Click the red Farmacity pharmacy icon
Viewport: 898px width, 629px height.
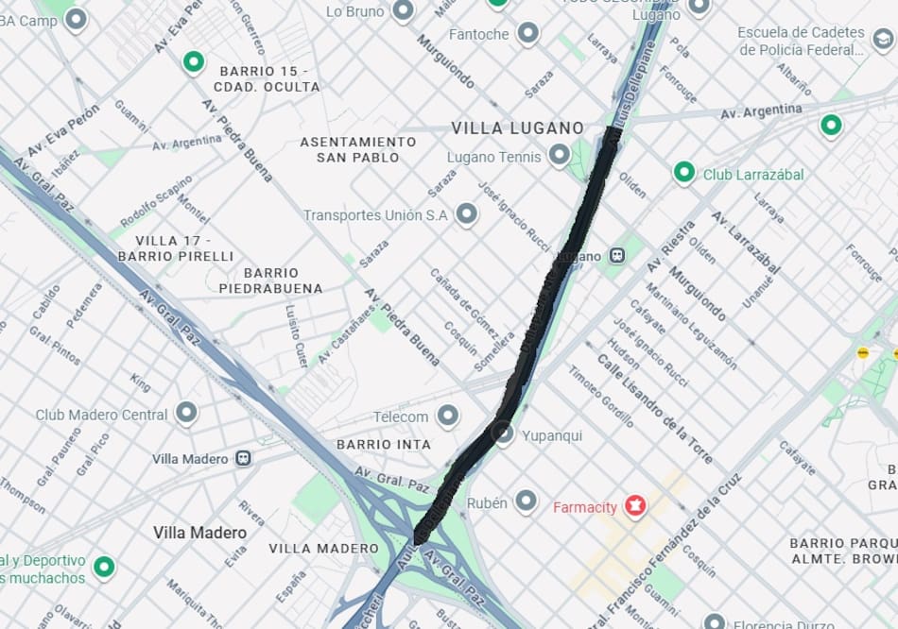pyautogui.click(x=635, y=507)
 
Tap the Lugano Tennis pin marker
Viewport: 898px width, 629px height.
pyautogui.click(x=560, y=156)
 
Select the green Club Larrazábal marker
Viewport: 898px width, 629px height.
pyautogui.click(x=684, y=173)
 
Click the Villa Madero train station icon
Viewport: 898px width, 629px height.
pyautogui.click(x=244, y=458)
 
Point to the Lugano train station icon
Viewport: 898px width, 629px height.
pyautogui.click(x=616, y=256)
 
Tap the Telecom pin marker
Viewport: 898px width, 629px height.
pyautogui.click(x=448, y=416)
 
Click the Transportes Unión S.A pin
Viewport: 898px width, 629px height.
pyautogui.click(x=466, y=214)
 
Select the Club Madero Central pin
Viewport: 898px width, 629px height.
pyautogui.click(x=186, y=414)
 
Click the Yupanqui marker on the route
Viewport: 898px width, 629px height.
pyautogui.click(x=505, y=434)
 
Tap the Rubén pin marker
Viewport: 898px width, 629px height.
pyautogui.click(x=527, y=502)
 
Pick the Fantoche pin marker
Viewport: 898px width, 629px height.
pyautogui.click(x=528, y=34)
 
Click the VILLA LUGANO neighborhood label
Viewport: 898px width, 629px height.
pyautogui.click(x=516, y=127)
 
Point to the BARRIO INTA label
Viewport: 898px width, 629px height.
pyautogui.click(x=384, y=444)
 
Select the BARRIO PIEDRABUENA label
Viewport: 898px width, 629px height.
pyautogui.click(x=270, y=280)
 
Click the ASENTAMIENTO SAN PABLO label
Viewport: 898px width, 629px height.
pyautogui.click(x=357, y=149)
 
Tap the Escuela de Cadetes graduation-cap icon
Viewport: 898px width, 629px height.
pyautogui.click(x=883, y=40)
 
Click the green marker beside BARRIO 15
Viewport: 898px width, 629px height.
pyautogui.click(x=194, y=62)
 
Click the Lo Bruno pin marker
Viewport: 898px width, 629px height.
pyautogui.click(x=404, y=11)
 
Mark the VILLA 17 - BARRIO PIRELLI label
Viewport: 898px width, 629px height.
pyautogui.click(x=175, y=248)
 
